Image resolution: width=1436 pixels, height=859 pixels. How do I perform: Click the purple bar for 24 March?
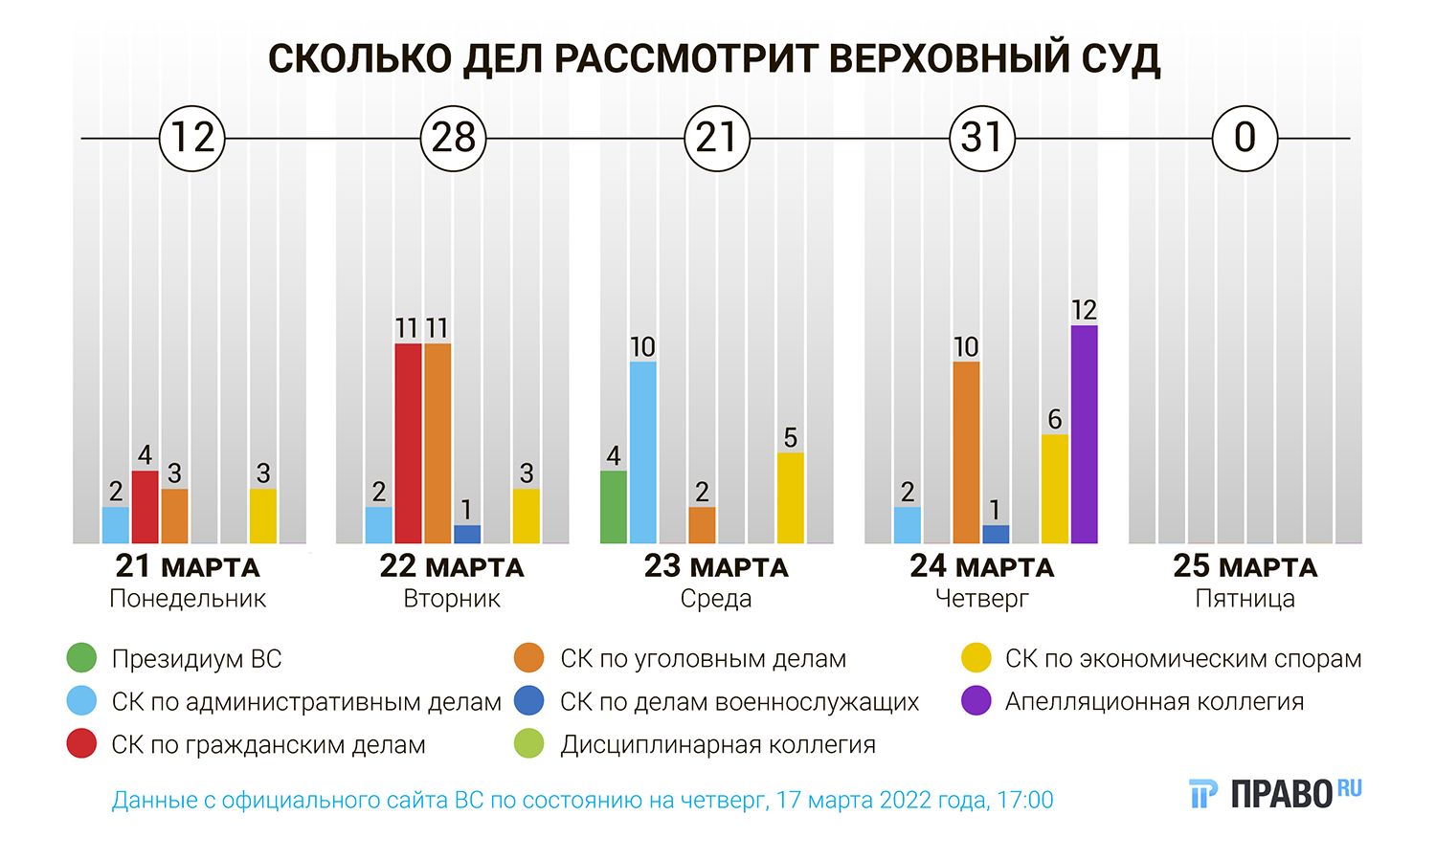click(x=1084, y=434)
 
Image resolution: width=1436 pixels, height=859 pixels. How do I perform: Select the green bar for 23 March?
click(x=614, y=507)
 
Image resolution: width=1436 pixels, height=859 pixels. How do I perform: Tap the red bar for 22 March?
click(x=408, y=443)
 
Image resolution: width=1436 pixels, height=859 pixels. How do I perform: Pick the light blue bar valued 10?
click(x=643, y=452)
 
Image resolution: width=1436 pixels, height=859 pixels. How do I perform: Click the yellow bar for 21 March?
click(x=263, y=516)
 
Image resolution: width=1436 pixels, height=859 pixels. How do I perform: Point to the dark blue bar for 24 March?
click(x=996, y=534)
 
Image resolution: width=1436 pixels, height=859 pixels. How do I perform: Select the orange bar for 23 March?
click(x=702, y=524)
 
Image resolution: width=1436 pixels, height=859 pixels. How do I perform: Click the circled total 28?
click(x=454, y=139)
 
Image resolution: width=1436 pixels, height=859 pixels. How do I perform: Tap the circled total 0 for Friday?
click(x=1245, y=139)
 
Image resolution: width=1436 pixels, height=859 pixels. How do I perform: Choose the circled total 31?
click(x=981, y=139)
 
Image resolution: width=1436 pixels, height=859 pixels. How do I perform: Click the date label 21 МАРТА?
click(x=188, y=566)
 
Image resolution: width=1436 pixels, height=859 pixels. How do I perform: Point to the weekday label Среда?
click(x=716, y=599)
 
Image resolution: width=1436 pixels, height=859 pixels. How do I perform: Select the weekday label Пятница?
click(x=1245, y=599)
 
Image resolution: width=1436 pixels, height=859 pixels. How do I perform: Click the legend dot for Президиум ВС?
click(x=82, y=658)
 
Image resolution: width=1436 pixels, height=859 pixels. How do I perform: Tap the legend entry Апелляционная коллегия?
click(x=1154, y=701)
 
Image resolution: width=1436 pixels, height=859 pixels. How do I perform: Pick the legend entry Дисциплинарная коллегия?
click(x=717, y=744)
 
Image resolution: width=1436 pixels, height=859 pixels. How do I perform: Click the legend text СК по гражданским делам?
click(x=268, y=744)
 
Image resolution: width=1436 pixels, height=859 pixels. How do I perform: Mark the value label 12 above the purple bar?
click(x=1084, y=310)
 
